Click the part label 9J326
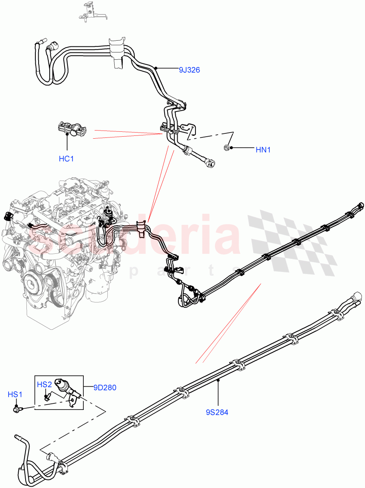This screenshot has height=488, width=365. [189, 70]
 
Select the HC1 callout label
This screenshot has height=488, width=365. [66, 159]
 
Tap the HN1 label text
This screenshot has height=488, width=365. [263, 150]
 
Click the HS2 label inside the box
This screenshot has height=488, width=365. [44, 384]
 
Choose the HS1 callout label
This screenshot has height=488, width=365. [15, 394]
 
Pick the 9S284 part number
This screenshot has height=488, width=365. [217, 412]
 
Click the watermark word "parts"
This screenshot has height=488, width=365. [183, 271]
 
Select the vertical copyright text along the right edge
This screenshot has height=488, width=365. [362, 244]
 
